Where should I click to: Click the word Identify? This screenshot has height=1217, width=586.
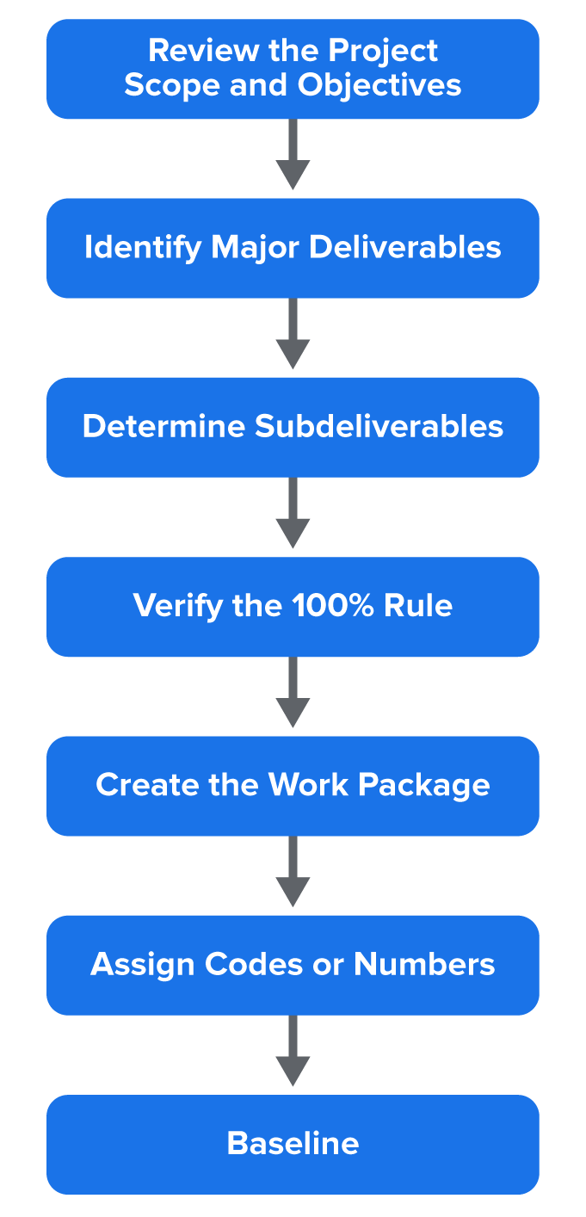(x=143, y=248)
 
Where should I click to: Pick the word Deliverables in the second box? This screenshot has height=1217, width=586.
(x=404, y=248)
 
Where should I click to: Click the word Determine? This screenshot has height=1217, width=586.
(x=163, y=427)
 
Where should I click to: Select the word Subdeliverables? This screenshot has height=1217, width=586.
(x=379, y=427)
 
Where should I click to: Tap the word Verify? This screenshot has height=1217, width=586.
(x=178, y=606)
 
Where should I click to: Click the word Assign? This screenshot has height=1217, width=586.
(x=142, y=964)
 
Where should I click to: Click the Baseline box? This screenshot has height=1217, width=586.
(x=293, y=1144)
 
